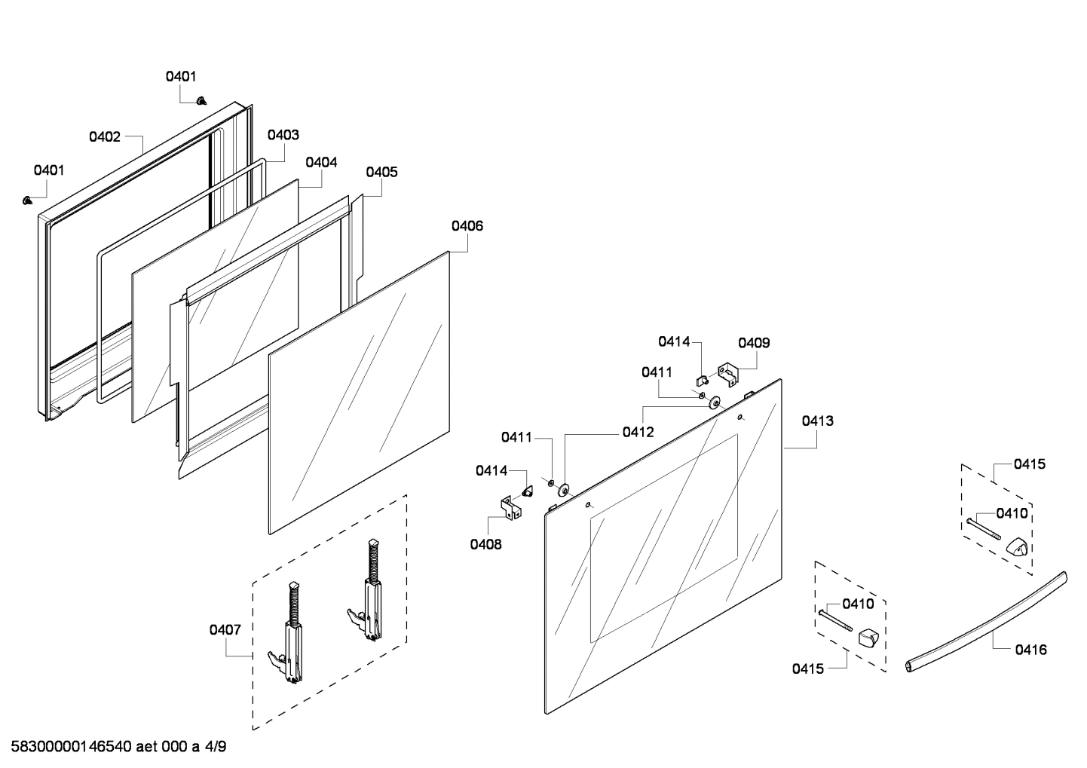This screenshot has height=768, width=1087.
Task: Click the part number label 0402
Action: coord(105,136)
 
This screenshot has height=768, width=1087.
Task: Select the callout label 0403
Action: coord(283,135)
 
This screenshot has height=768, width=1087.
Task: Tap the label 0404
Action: coord(321,162)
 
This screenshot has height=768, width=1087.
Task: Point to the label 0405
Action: coord(381,172)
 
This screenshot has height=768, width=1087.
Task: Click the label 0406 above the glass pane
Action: coord(467,225)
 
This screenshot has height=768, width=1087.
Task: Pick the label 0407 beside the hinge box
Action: coord(225,629)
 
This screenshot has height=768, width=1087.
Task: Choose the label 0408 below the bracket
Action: coord(485,544)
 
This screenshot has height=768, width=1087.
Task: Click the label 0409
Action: coord(754,343)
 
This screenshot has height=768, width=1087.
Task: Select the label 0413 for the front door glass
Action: coord(817,421)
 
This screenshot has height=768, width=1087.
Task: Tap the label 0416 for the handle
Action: coord(1030,649)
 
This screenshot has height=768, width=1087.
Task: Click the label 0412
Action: coord(638,433)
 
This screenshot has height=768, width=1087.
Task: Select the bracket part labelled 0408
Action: coord(511,506)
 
